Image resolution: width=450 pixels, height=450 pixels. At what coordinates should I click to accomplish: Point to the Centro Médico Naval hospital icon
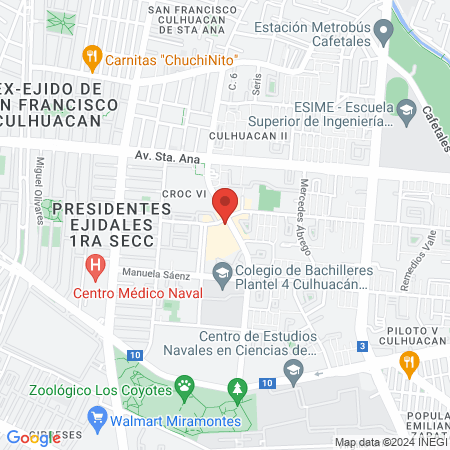pyautogui.click(x=96, y=267)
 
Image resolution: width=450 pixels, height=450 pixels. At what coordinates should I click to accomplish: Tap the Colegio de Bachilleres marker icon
pyautogui.click(x=222, y=271)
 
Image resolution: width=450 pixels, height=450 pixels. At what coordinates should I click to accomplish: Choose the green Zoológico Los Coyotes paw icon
pyautogui.click(x=184, y=384)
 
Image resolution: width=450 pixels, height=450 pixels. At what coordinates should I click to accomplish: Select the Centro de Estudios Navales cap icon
pyautogui.click(x=293, y=370)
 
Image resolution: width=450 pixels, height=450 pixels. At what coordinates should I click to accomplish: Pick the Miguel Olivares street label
pyautogui.click(x=42, y=176)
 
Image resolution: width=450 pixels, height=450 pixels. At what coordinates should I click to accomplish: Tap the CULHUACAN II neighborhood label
pyautogui.click(x=248, y=134)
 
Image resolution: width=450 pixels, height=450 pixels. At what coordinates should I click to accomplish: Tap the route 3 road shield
pyautogui.click(x=360, y=346)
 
